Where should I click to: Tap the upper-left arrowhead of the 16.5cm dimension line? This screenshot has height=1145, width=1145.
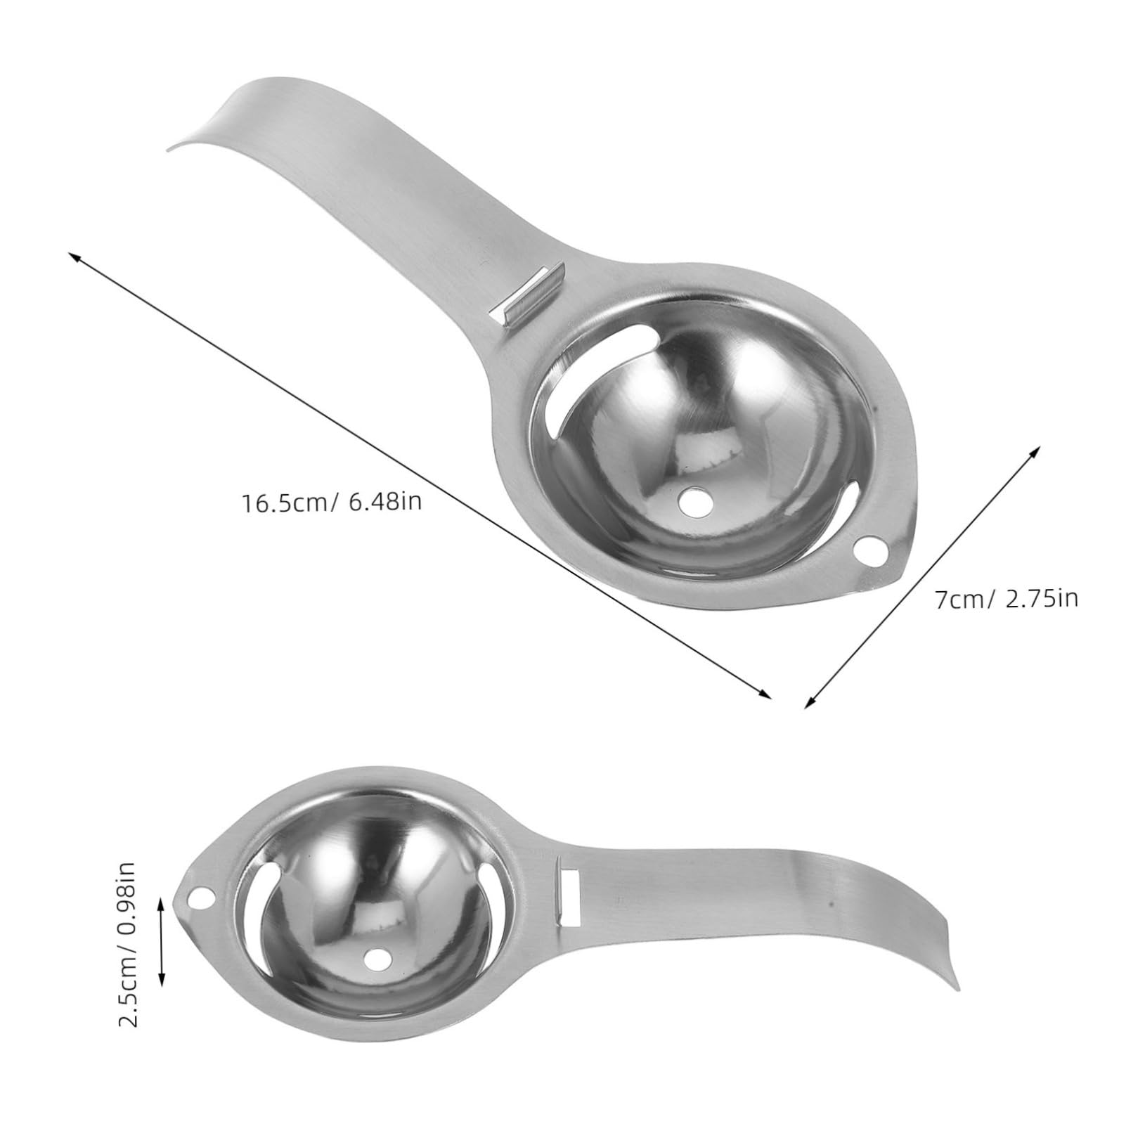[73, 257]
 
